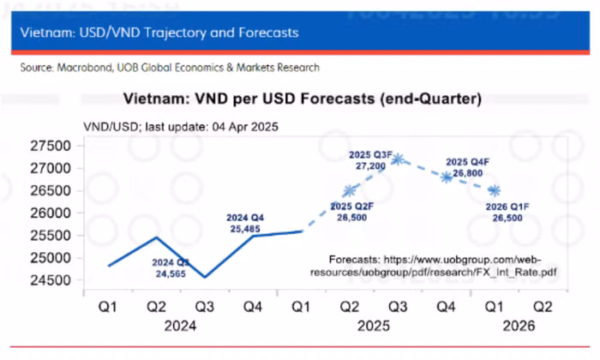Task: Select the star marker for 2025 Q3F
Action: [398, 159]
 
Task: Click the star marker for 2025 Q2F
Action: [350, 191]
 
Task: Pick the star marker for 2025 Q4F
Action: [447, 177]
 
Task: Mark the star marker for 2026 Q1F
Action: [495, 190]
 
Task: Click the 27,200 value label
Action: [369, 165]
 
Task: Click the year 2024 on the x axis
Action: [181, 326]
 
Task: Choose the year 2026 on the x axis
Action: [519, 326]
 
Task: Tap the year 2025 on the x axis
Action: [374, 326]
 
